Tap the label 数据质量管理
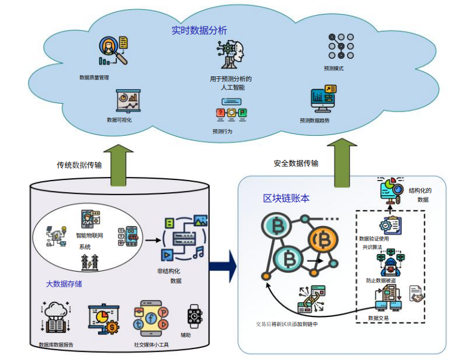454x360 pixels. pyautogui.click(x=94, y=78)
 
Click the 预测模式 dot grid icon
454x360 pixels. pyautogui.click(x=341, y=45)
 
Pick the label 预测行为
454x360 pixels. pyautogui.click(x=222, y=131)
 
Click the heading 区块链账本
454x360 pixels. pyautogui.click(x=287, y=198)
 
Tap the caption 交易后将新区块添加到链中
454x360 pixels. pyautogui.click(x=287, y=324)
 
